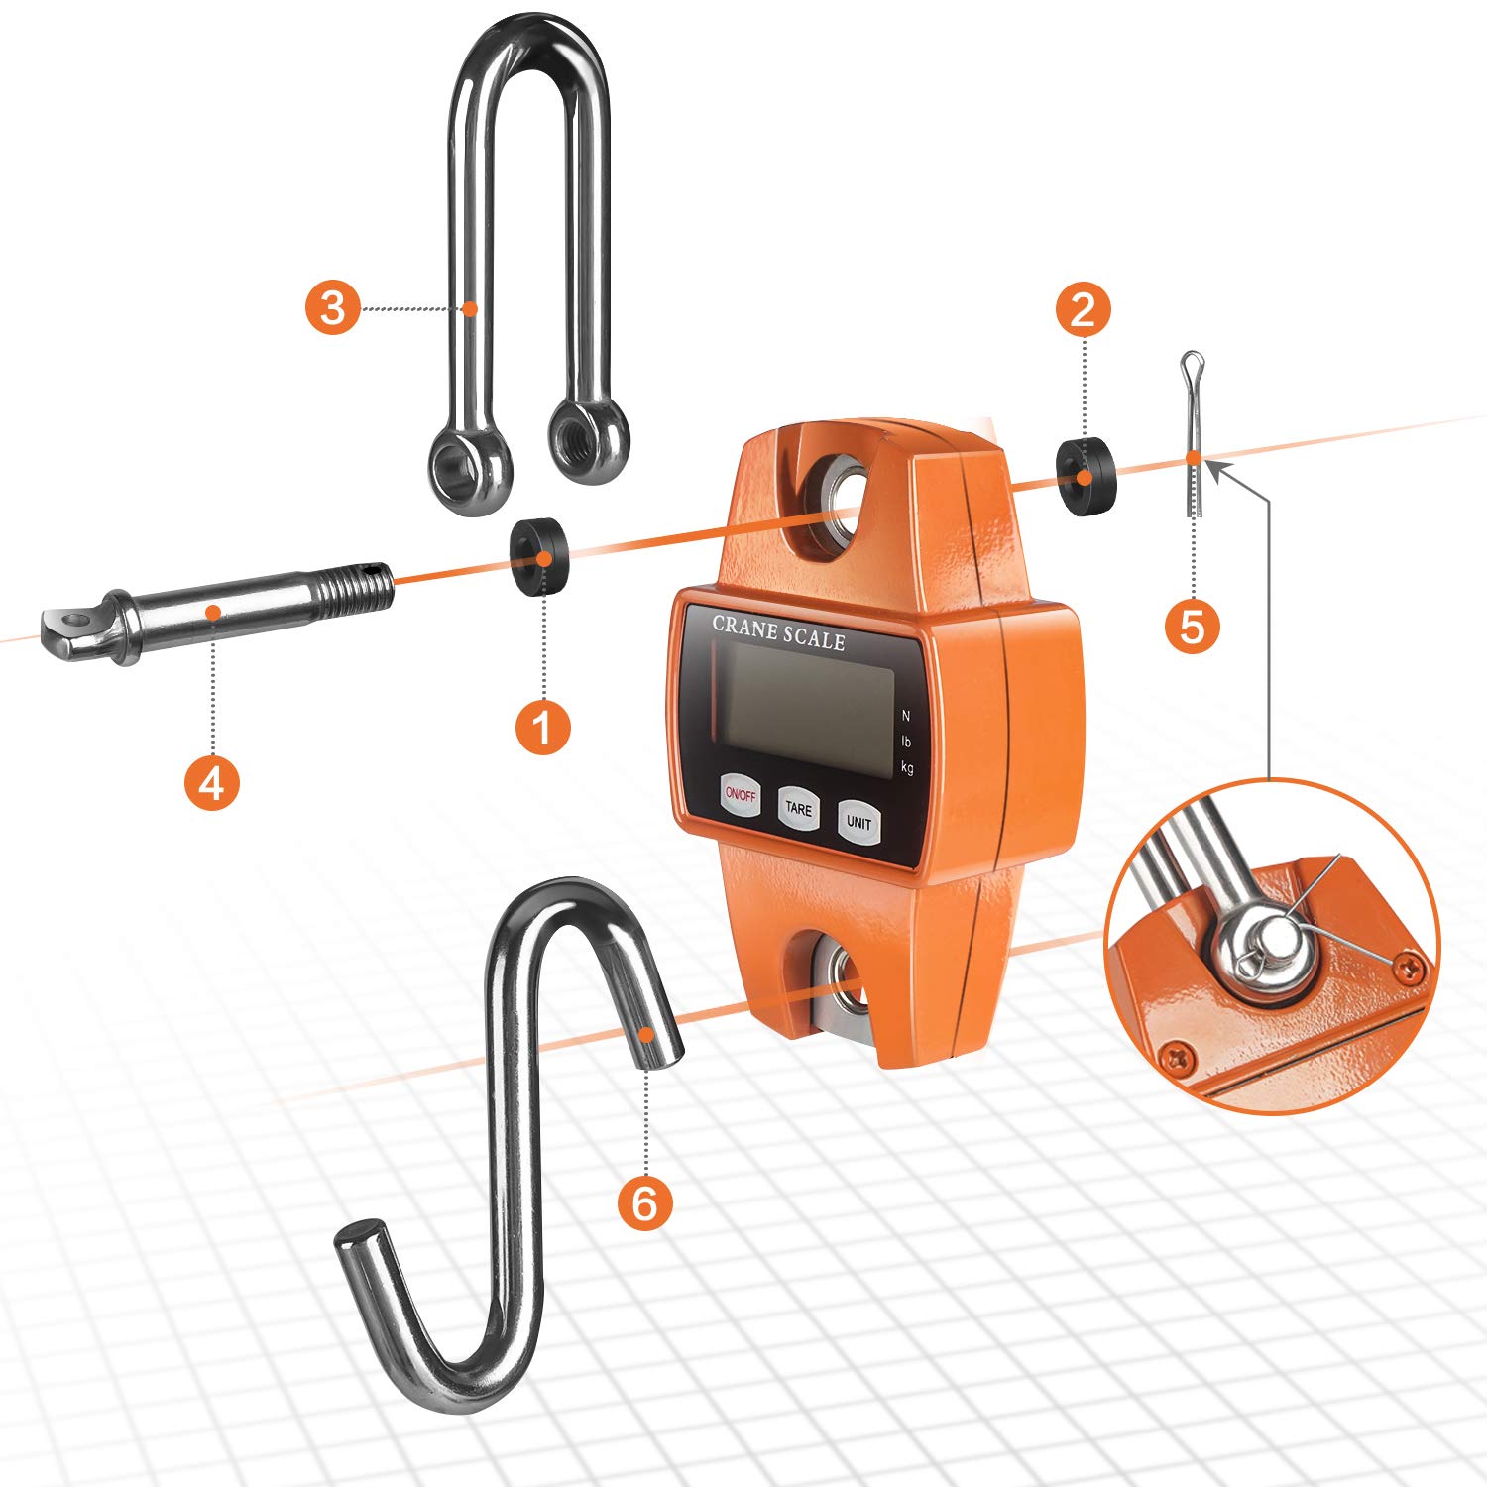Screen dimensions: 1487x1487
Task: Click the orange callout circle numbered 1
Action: point(543,728)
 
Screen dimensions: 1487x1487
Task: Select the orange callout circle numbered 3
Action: point(332,307)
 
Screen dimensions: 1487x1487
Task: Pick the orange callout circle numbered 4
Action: point(211,782)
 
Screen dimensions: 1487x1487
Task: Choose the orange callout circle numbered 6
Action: point(644,1202)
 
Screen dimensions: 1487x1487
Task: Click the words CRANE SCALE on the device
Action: point(778,632)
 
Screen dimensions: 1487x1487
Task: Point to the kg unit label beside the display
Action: point(907,766)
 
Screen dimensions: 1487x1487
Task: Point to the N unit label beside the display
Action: point(905,716)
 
